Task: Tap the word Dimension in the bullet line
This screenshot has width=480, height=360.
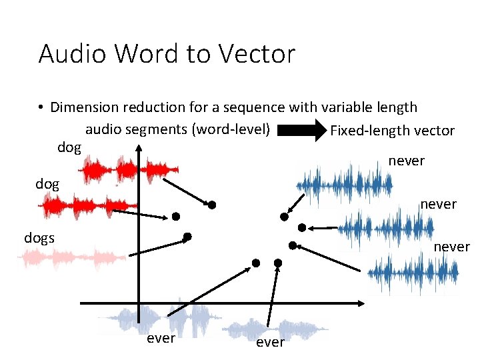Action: [84, 107]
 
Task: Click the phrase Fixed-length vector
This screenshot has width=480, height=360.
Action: [392, 131]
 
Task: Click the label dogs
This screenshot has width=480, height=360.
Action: [39, 237]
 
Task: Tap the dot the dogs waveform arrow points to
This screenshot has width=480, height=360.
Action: [187, 237]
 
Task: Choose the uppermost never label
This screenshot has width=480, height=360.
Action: [406, 161]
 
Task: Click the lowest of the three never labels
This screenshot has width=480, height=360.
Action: [451, 247]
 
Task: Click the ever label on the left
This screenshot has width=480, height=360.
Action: [161, 338]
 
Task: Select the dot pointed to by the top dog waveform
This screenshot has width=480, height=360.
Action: [211, 205]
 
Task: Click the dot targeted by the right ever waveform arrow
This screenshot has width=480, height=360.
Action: [278, 263]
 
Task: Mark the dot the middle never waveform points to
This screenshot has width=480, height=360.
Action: [301, 227]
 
